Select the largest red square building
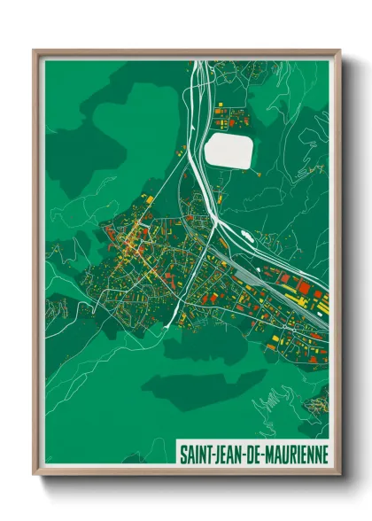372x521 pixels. [x=303, y=287]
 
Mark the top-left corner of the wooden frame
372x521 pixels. [x=35, y=51]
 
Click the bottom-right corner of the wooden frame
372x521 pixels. [x=339, y=473]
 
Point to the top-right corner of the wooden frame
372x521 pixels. [x=339, y=51]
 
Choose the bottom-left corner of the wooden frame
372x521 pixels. [x=35, y=473]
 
